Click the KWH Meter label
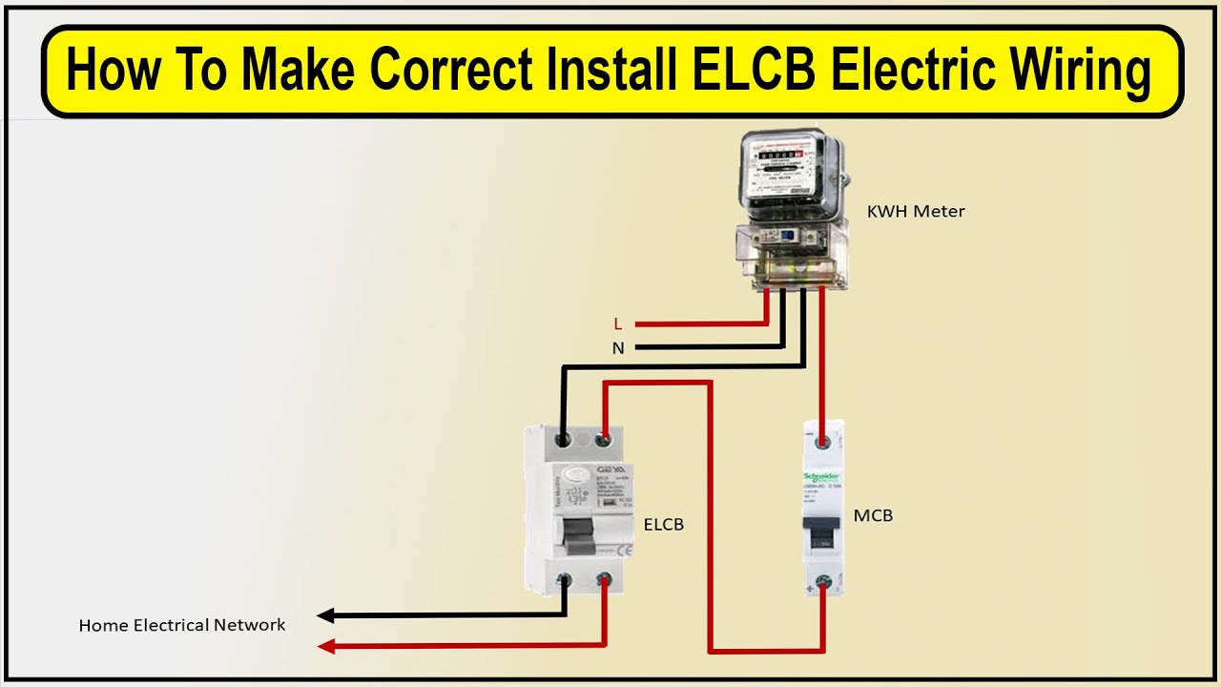click(916, 212)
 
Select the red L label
click(618, 324)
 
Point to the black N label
click(618, 349)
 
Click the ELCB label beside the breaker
click(664, 525)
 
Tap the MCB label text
click(873, 516)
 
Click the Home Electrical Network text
click(182, 626)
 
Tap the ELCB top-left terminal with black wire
click(565, 440)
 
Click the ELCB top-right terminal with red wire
click(604, 440)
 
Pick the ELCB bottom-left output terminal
click(565, 579)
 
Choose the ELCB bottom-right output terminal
click(604, 579)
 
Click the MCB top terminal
click(822, 442)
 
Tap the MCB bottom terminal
click(822, 579)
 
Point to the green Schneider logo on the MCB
click(822, 476)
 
